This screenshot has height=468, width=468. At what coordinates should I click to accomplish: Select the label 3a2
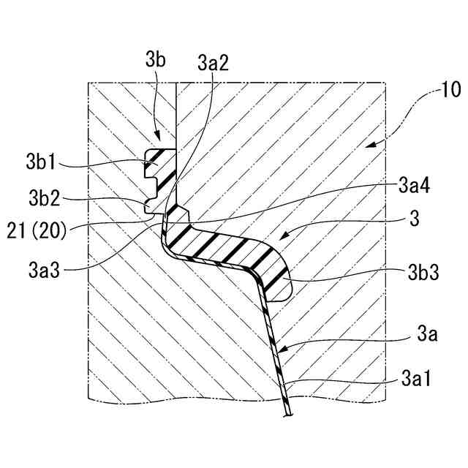[x=214, y=61]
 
